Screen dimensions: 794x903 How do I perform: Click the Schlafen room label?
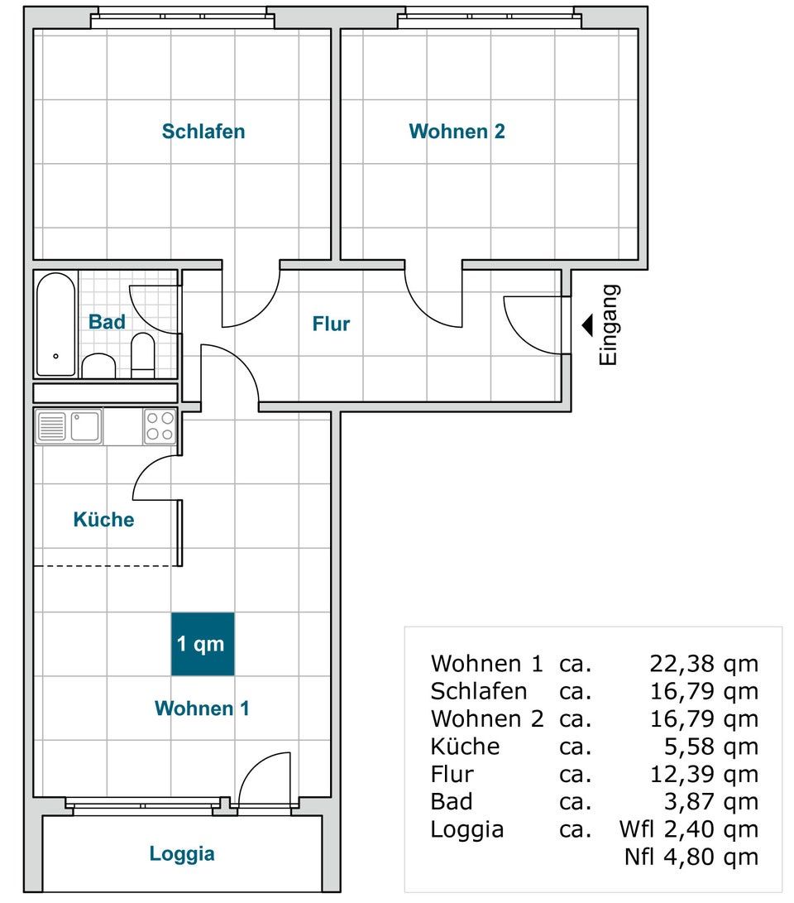(203, 132)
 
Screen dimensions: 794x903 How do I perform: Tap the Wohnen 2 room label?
(457, 132)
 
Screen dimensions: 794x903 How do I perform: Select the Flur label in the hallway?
(331, 324)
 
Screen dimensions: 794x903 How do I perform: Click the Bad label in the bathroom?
(107, 321)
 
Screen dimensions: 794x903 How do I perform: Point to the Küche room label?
(103, 520)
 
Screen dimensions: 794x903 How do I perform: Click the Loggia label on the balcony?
(182, 853)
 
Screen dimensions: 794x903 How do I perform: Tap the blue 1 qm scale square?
(203, 644)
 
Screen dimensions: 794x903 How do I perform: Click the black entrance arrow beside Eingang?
(587, 325)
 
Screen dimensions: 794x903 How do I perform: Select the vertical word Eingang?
(609, 324)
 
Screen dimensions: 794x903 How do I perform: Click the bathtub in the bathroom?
(55, 324)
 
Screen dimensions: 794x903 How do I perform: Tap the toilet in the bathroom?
(143, 355)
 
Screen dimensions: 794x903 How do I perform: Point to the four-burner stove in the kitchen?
(160, 427)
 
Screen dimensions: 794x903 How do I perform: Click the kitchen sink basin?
(85, 427)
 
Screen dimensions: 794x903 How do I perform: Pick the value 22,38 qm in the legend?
(704, 664)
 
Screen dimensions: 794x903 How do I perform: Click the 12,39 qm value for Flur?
(704, 774)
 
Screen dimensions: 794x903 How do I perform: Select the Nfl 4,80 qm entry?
(691, 857)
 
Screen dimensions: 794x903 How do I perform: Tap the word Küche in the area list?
(465, 747)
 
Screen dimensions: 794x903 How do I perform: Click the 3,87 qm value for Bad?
(711, 802)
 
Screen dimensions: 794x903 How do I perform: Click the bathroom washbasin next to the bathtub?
(99, 366)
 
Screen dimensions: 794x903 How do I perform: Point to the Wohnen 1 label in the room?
(202, 708)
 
